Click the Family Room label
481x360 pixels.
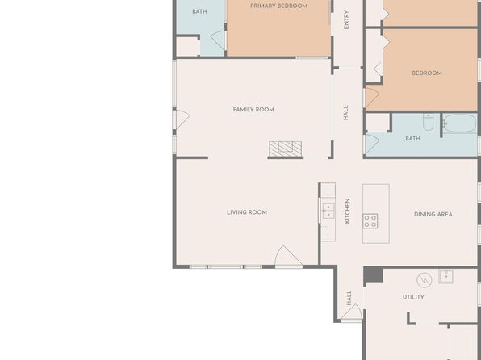tap(253, 110)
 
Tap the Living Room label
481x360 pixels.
tap(247, 212)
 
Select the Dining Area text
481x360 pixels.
tap(433, 214)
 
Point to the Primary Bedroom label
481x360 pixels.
tap(279, 6)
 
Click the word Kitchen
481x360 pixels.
tap(347, 211)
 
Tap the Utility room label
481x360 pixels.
tap(413, 297)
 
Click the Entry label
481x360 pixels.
tap(346, 19)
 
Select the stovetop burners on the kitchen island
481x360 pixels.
tap(370, 221)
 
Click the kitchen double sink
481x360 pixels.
tap(328, 211)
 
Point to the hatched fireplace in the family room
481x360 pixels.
tap(285, 149)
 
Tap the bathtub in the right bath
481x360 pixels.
tap(459, 123)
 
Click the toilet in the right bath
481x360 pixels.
tap(428, 122)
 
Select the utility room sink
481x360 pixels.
tap(446, 277)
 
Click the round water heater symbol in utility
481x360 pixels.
tap(425, 280)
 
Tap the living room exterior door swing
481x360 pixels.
tap(288, 256)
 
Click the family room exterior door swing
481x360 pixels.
tap(183, 119)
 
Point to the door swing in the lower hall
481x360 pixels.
tap(352, 312)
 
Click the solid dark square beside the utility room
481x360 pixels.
tap(374, 274)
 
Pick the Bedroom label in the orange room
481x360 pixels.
tap(427, 73)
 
